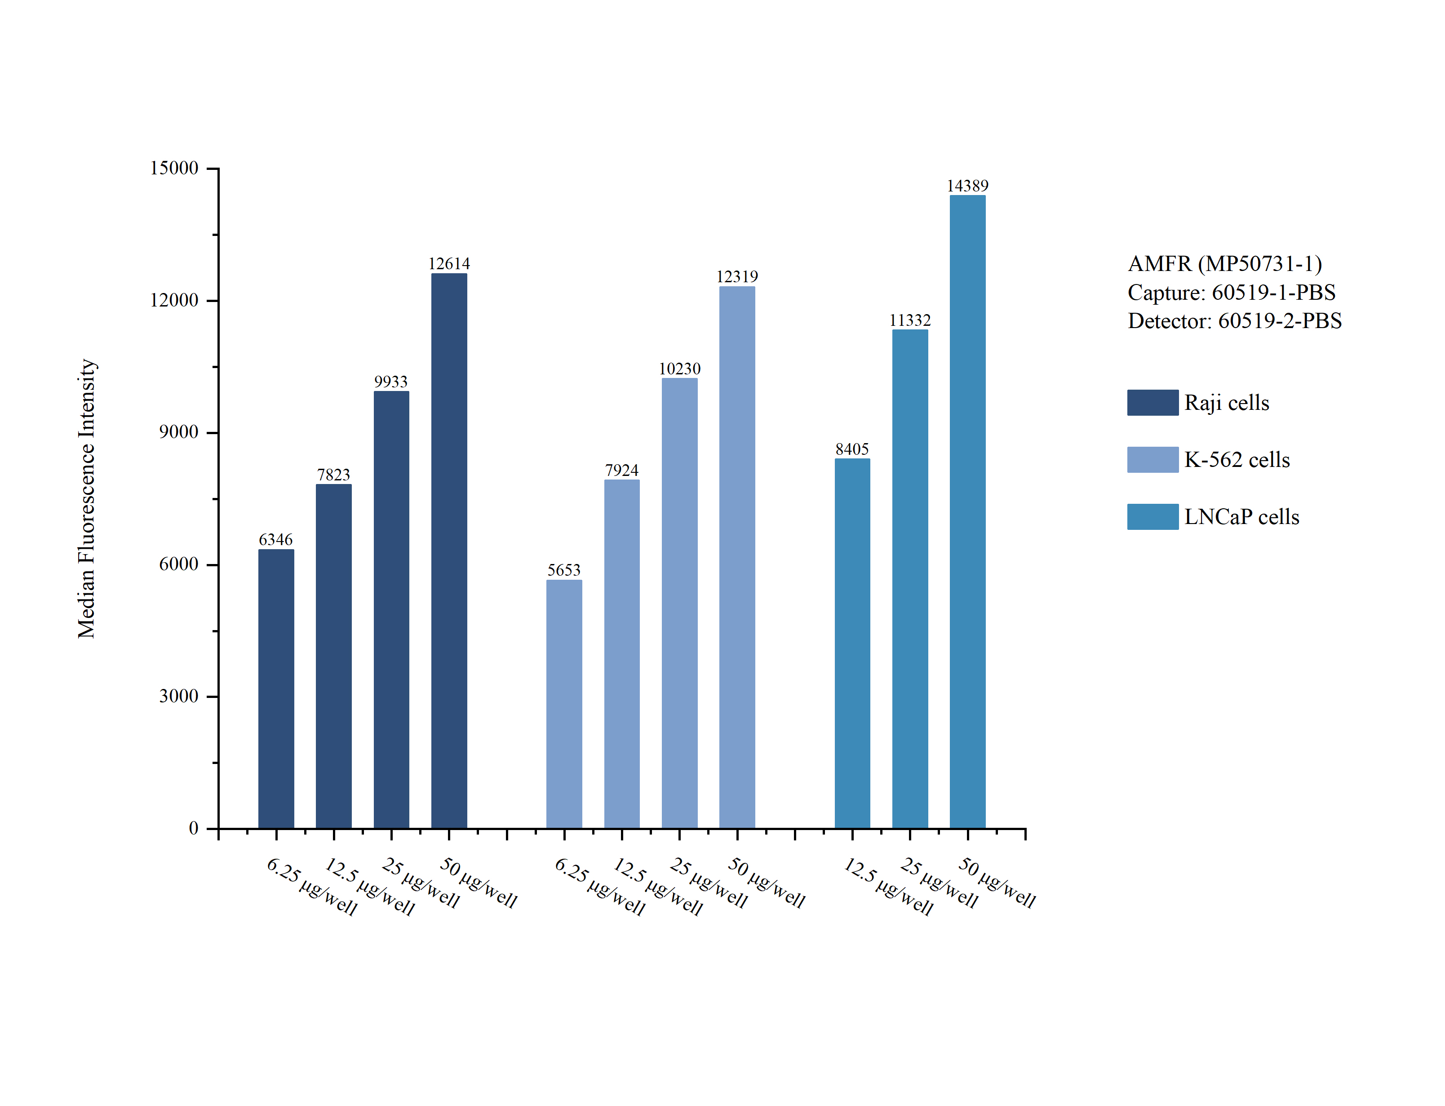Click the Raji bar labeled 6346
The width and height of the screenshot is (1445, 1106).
pyautogui.click(x=276, y=688)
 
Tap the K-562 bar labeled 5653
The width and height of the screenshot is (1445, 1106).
pyautogui.click(x=564, y=703)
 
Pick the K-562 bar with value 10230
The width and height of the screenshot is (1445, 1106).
pyautogui.click(x=679, y=602)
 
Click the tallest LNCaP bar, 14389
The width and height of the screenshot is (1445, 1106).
pyautogui.click(x=967, y=511)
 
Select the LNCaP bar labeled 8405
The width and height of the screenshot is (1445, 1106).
pyautogui.click(x=852, y=643)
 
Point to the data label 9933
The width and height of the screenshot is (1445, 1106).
pyautogui.click(x=391, y=382)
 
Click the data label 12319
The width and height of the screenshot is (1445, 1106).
pyautogui.click(x=737, y=276)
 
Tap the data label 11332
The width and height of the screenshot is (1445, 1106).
pyautogui.click(x=910, y=320)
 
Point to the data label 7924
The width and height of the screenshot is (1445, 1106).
pyautogui.click(x=622, y=470)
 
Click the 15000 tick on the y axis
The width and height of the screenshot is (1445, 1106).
pyautogui.click(x=174, y=168)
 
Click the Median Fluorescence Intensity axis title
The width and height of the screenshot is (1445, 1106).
pyautogui.click(x=87, y=498)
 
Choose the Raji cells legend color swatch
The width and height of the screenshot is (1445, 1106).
pyautogui.click(x=1152, y=402)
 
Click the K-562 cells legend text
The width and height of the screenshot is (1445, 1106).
pyautogui.click(x=1237, y=459)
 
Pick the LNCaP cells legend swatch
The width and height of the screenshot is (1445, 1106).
pyautogui.click(x=1152, y=517)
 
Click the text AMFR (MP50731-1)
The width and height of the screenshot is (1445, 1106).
pyautogui.click(x=1224, y=263)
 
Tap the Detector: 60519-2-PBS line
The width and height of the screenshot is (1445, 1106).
pyautogui.click(x=1234, y=320)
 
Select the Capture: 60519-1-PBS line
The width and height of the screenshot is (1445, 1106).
pyautogui.click(x=1231, y=292)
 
